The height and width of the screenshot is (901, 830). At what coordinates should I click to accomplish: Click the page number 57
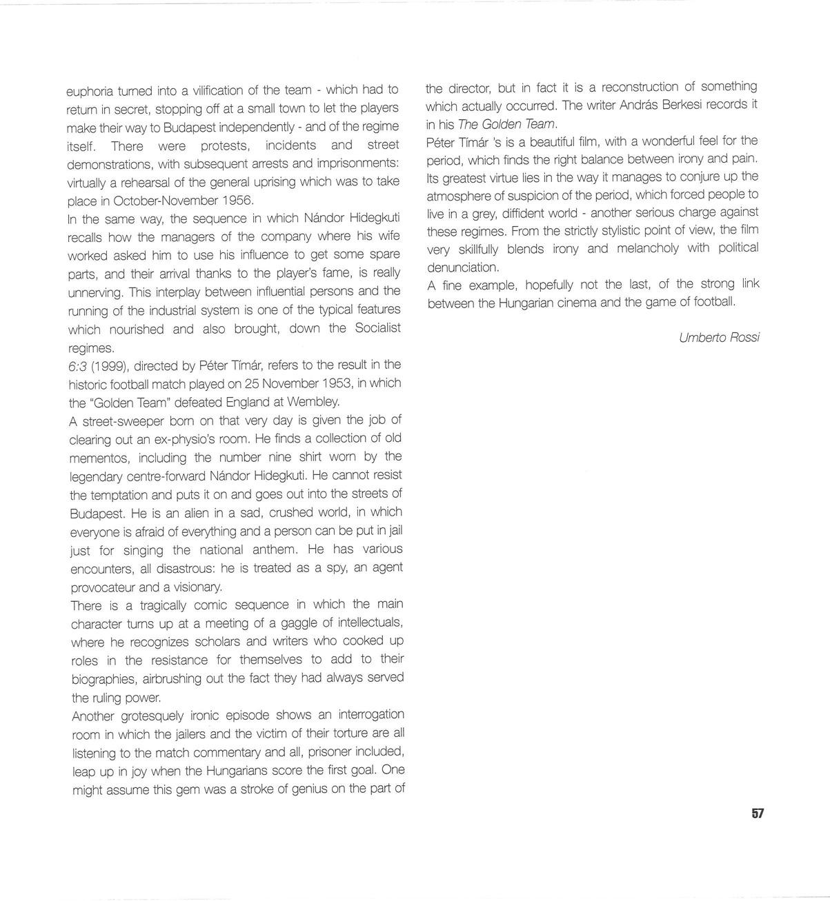click(x=758, y=813)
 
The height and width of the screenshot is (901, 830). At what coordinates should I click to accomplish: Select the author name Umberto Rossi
click(x=720, y=337)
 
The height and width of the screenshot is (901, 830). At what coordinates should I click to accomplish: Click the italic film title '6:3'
click(x=77, y=365)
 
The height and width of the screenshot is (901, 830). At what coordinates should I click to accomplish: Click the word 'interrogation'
click(x=369, y=714)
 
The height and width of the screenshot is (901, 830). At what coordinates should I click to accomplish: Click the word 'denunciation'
click(x=462, y=267)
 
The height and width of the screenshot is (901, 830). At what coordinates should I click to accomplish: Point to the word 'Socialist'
click(x=377, y=328)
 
